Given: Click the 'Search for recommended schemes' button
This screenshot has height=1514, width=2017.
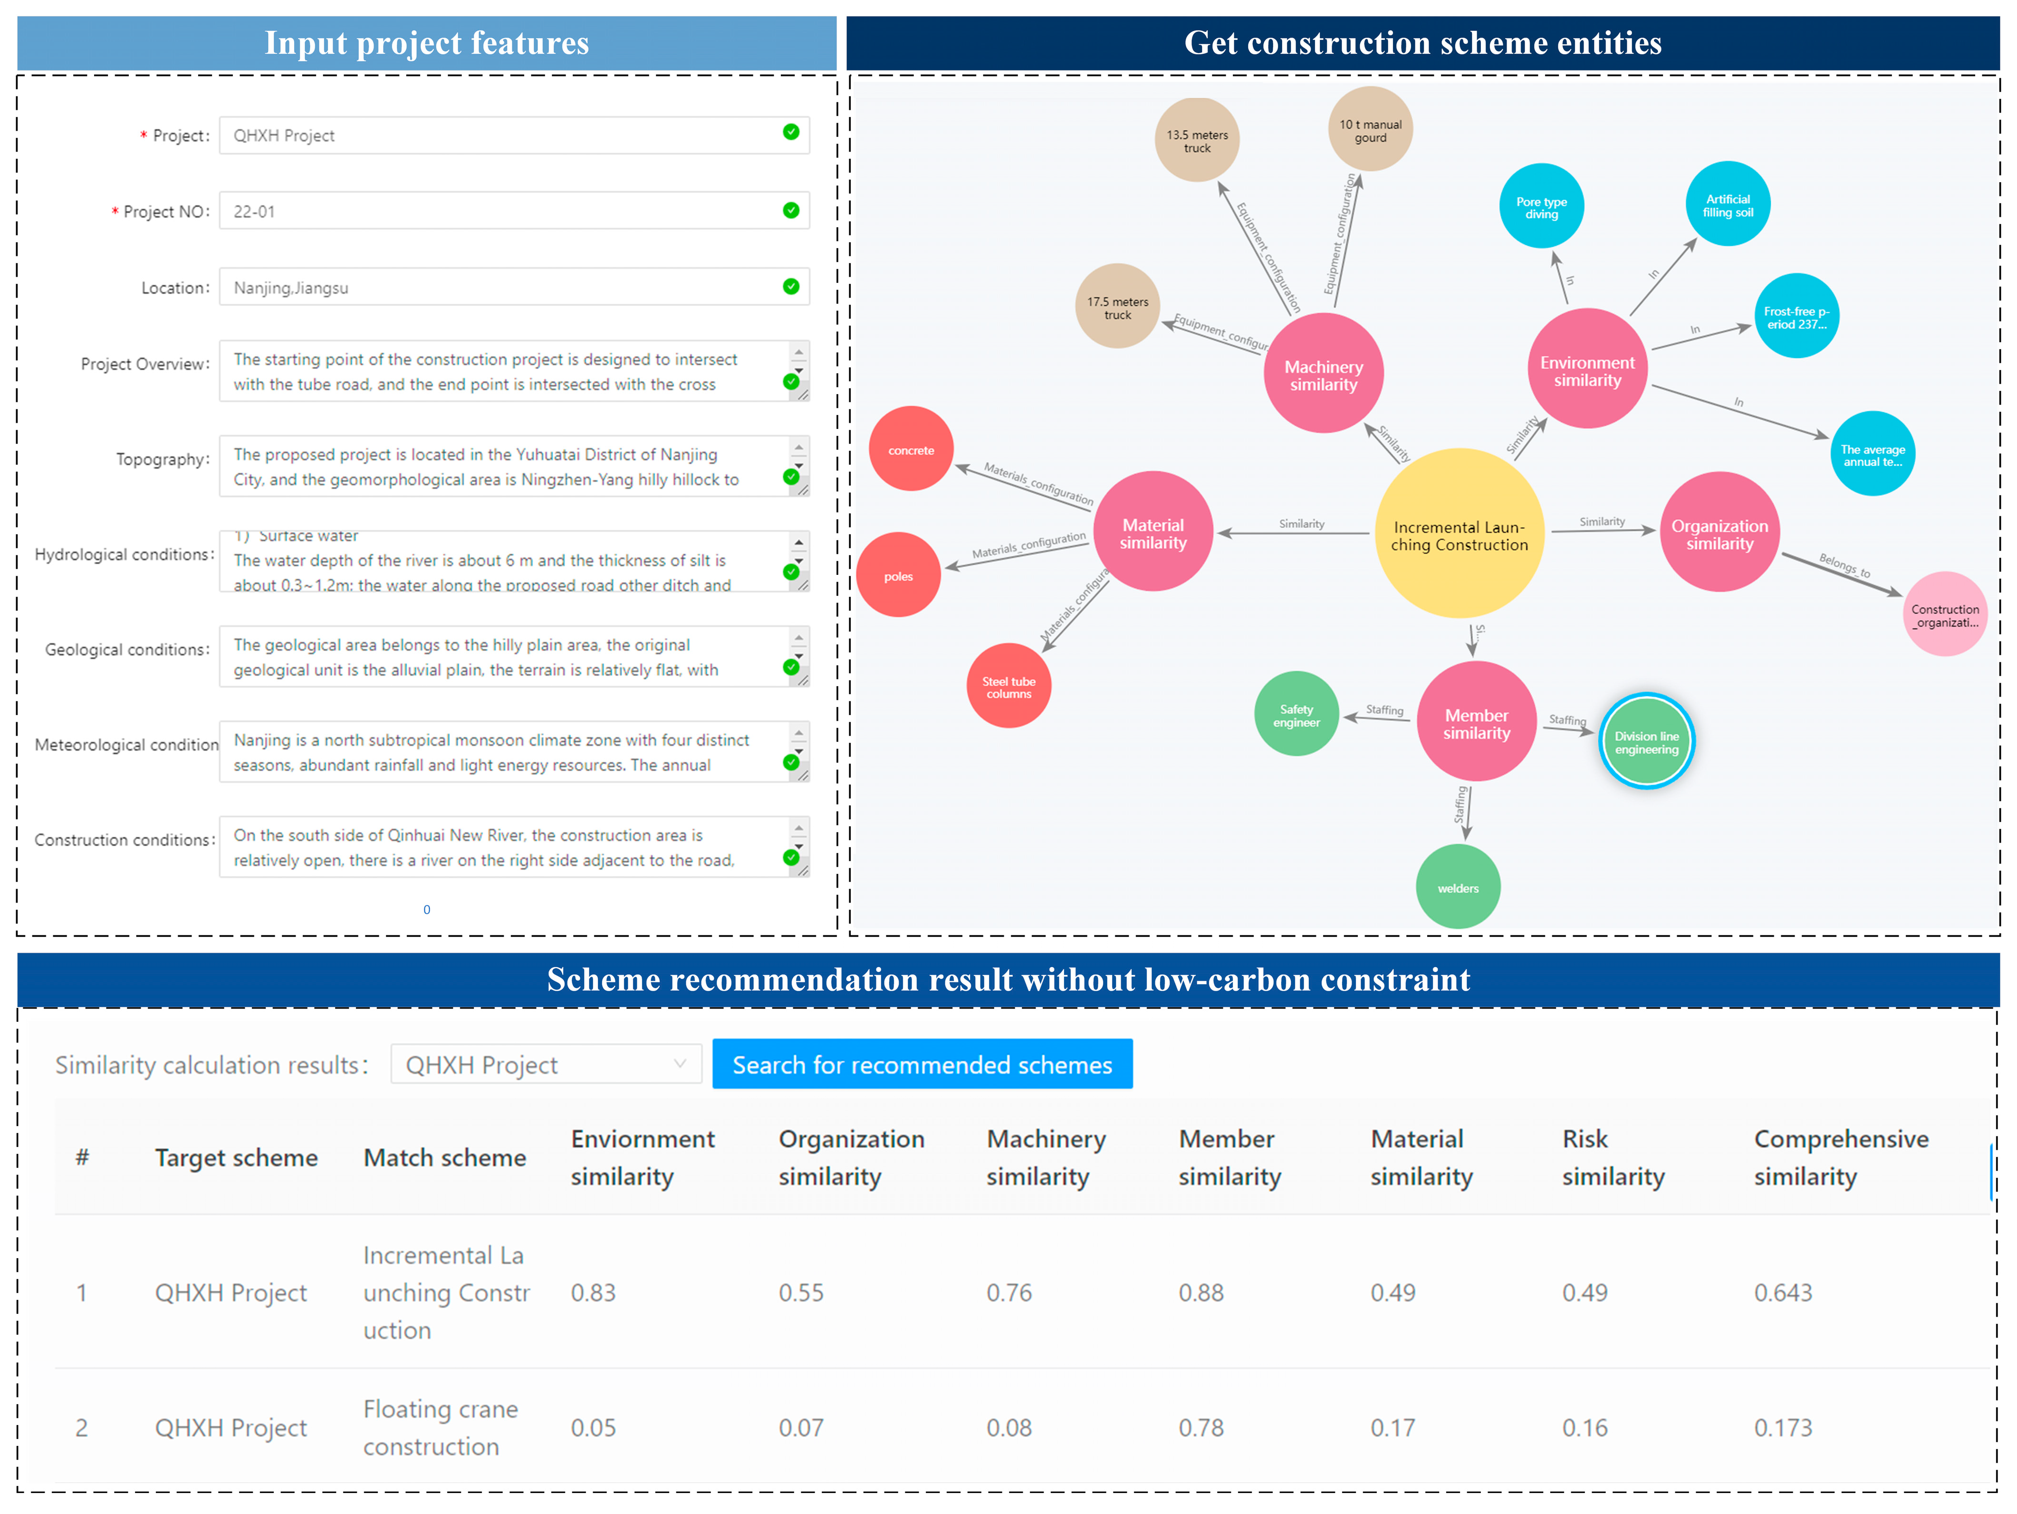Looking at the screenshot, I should tap(922, 1064).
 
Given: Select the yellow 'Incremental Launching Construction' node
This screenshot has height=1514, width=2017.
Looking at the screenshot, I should tap(1459, 534).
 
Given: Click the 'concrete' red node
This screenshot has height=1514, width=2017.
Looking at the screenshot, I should tap(911, 450).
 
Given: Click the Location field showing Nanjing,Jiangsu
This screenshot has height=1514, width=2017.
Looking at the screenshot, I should tap(501, 287).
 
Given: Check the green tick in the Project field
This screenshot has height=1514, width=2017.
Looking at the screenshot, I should tap(790, 132).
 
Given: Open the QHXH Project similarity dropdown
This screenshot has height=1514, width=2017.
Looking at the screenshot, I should tap(545, 1064).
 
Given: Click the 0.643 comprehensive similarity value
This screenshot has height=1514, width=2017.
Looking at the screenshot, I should tap(1783, 1292).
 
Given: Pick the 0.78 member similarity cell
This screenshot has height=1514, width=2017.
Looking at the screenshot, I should tap(1201, 1427).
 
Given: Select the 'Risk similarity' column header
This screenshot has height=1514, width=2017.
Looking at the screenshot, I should tap(1612, 1157).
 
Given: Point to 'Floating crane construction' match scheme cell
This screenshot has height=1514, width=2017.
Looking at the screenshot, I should tap(441, 1427).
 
